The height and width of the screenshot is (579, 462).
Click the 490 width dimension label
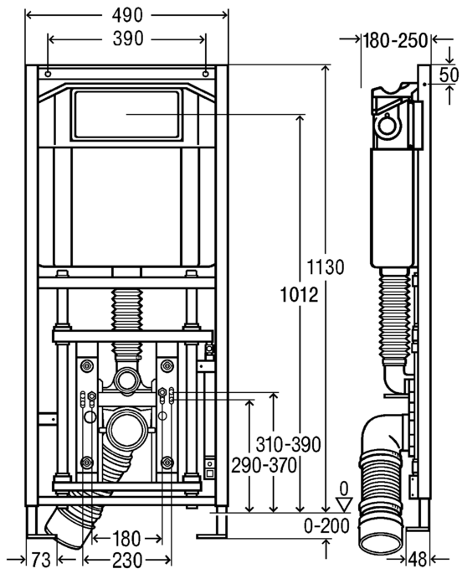pos(127,15)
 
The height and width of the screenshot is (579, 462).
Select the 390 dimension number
pos(128,39)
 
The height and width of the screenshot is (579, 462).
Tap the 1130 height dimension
pos(326,267)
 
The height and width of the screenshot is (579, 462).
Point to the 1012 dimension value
pos(299,295)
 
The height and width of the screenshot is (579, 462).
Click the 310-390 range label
pos(289,445)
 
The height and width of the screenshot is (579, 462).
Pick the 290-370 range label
pos(264,465)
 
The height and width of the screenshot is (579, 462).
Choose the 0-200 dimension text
pos(326,526)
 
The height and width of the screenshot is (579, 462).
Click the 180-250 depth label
pos(395,40)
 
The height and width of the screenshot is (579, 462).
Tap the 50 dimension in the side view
pos(449,75)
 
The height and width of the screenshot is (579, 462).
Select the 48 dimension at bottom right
pos(418,560)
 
